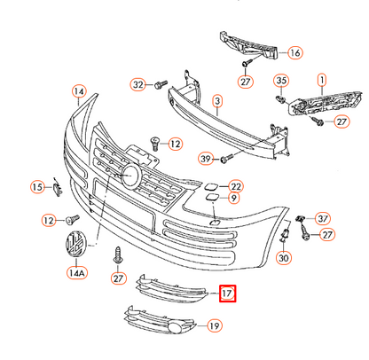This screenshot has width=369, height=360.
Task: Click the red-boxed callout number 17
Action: click(227, 292)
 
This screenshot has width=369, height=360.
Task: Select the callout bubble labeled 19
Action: click(215, 326)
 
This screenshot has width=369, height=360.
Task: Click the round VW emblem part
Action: click(75, 246)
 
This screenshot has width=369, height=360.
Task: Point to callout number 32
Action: click(138, 85)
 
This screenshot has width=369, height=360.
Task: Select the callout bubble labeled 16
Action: click(294, 53)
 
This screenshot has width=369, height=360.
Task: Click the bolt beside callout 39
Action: click(225, 158)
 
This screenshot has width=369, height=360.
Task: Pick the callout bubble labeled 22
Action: click(235, 186)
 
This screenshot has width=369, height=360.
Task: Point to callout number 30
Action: click(284, 258)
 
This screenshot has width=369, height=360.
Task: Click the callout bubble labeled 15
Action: click(36, 187)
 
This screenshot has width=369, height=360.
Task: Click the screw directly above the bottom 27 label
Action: click(115, 256)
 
